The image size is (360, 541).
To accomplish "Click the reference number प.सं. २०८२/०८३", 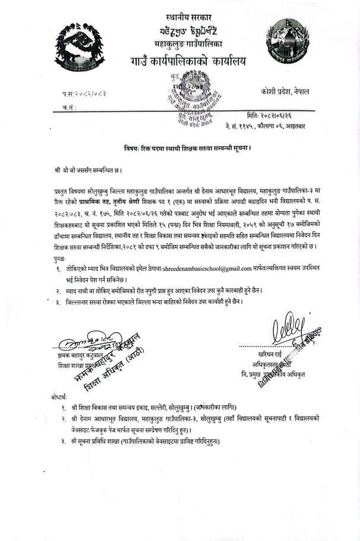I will click(84, 95).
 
